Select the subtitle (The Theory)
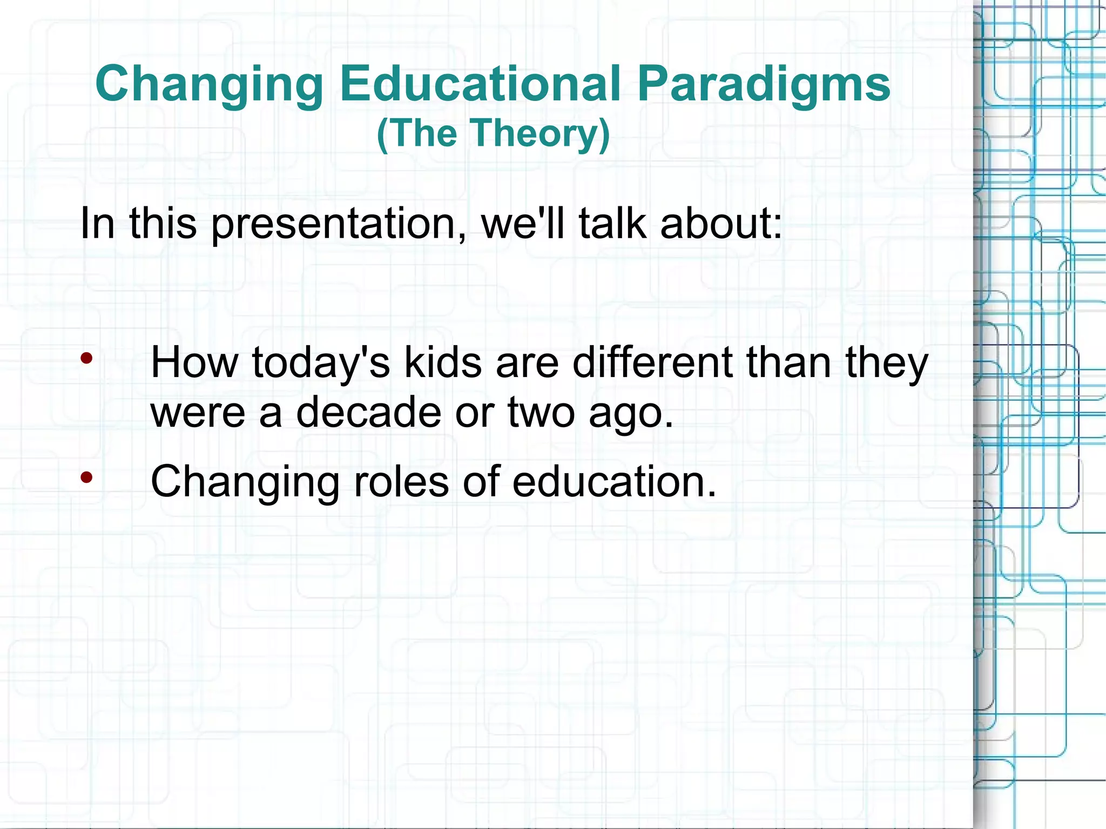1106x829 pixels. tap(493, 133)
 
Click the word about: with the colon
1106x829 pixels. tap(721, 223)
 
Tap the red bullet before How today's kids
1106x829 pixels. tap(87, 358)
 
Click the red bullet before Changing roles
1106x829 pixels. tap(87, 477)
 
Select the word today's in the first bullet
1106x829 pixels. tap(321, 363)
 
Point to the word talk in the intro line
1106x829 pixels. tap(612, 223)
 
